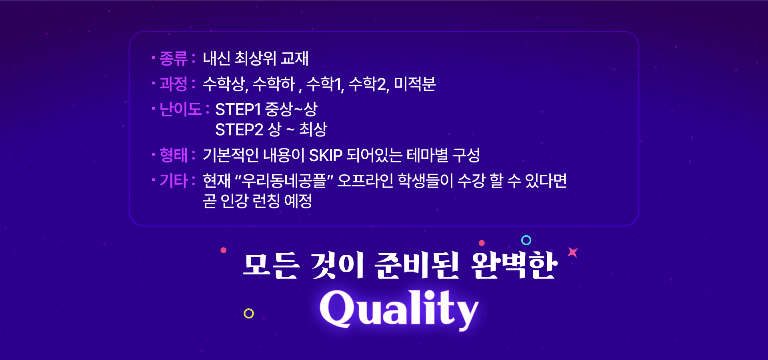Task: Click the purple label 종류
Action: [174, 58]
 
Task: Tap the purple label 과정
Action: [174, 84]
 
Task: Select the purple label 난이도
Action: [180, 109]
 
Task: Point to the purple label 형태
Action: [174, 155]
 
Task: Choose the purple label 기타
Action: [174, 181]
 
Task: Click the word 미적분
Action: [415, 84]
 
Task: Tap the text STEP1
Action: [238, 109]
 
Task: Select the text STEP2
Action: [239, 130]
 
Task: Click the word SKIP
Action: [326, 155]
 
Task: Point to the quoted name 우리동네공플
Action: [284, 181]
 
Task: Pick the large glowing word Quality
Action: [399, 309]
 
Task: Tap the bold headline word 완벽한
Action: [514, 265]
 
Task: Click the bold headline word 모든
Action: [271, 265]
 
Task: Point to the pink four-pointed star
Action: [573, 252]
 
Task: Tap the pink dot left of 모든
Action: [224, 250]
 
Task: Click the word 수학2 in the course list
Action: [368, 84]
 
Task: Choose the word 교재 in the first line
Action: [294, 58]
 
